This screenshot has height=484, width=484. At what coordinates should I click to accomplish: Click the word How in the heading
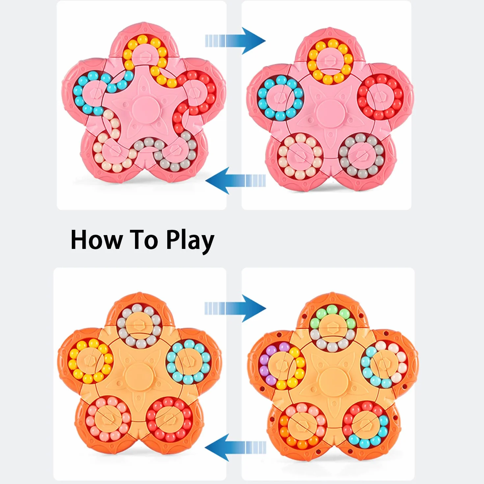point(97,240)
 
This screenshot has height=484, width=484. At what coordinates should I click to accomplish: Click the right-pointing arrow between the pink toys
point(235,41)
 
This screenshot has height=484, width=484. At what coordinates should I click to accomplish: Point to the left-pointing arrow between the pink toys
point(235,180)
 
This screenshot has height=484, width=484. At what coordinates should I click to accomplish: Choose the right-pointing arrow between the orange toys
point(235,309)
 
